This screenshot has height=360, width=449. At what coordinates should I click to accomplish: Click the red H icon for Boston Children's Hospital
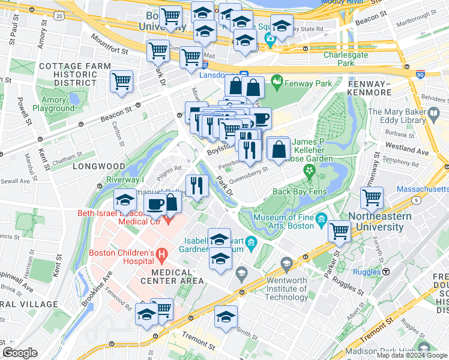click(x=160, y=256)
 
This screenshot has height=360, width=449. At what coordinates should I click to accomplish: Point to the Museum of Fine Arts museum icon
click(x=321, y=221)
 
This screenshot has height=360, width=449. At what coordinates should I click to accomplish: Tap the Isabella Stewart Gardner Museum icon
click(x=252, y=244)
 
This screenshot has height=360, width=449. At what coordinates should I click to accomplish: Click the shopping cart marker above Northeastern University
click(x=372, y=197)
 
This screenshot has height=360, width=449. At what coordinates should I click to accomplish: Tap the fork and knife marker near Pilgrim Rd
click(x=196, y=185)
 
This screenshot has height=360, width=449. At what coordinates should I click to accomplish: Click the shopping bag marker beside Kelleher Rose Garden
click(x=279, y=149)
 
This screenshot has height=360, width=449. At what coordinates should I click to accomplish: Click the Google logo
click(x=20, y=353)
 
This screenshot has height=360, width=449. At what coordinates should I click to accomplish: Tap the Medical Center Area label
click(x=175, y=276)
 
